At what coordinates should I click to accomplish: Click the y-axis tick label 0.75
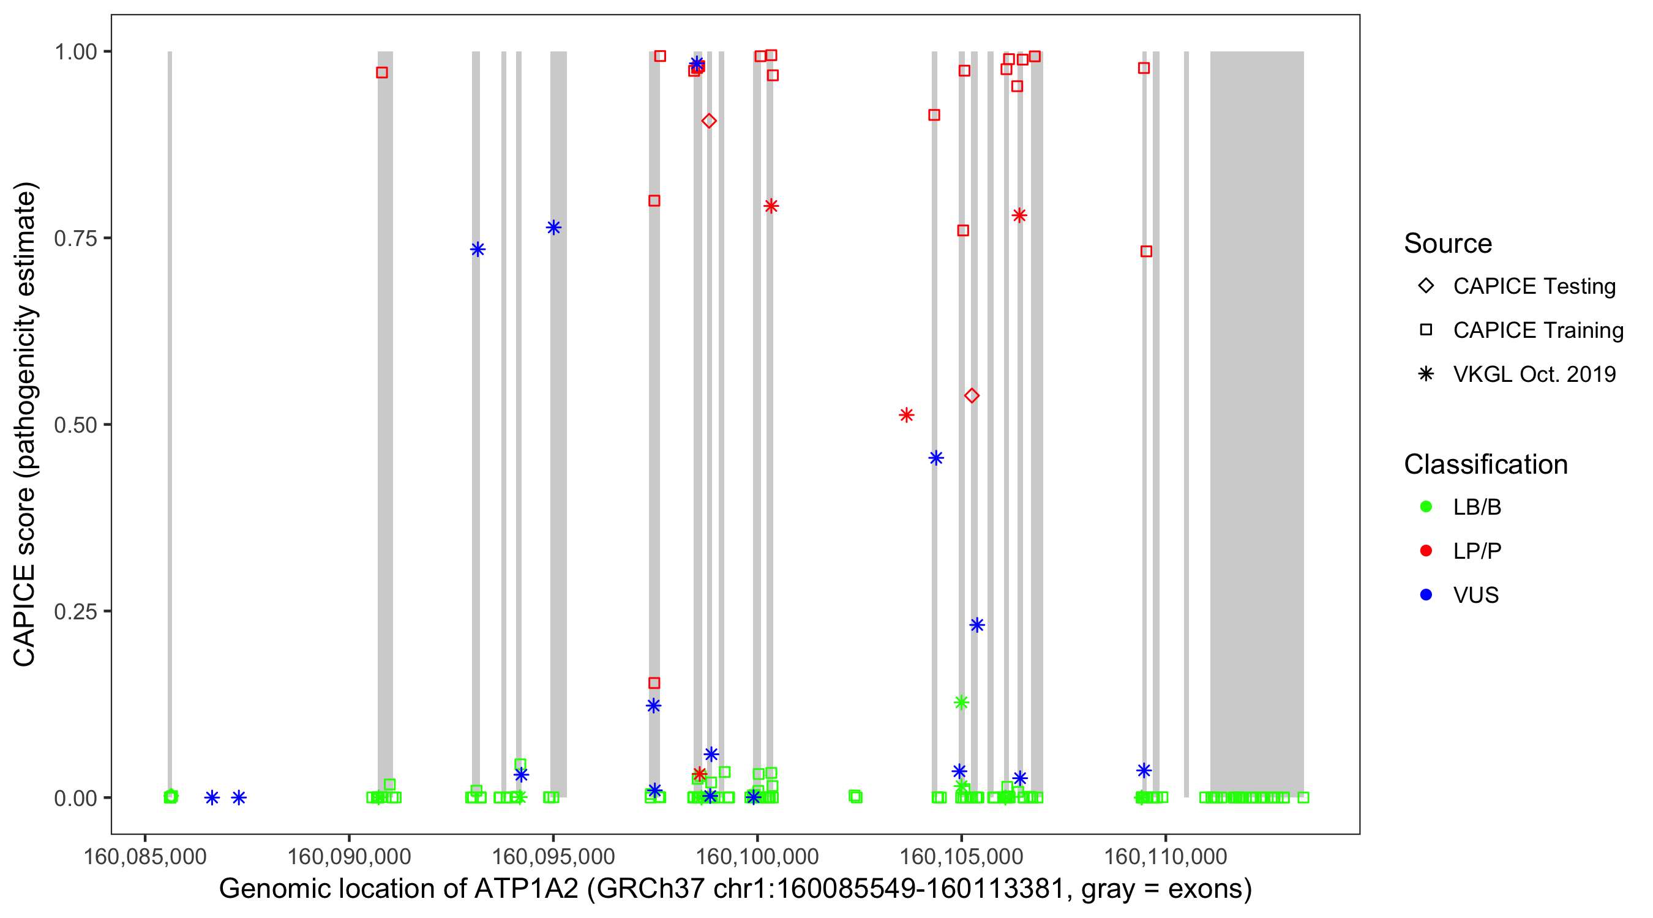[x=75, y=239]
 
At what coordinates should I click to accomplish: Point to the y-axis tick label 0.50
[x=75, y=425]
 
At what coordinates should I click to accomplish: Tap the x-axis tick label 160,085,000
[x=145, y=856]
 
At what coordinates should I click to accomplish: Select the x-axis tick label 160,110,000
[x=1165, y=856]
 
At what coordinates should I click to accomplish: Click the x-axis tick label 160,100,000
[x=757, y=856]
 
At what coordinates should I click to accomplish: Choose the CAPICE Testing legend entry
[x=1534, y=286]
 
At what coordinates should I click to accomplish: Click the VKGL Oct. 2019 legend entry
[x=1534, y=374]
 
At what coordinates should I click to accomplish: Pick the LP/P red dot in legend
[x=1426, y=551]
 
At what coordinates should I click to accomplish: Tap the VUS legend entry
[x=1476, y=595]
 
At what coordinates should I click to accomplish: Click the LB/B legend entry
[x=1477, y=507]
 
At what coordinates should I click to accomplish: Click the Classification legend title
[x=1485, y=465]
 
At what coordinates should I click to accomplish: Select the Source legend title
[x=1448, y=244]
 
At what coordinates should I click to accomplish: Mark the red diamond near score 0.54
[x=972, y=396]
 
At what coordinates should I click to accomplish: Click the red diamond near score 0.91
[x=708, y=121]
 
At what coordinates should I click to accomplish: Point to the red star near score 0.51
[x=906, y=416]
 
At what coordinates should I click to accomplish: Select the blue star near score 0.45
[x=936, y=458]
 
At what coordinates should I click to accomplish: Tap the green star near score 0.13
[x=961, y=703]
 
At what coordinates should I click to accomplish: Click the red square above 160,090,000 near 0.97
[x=382, y=73]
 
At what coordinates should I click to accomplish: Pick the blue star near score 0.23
[x=976, y=625]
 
